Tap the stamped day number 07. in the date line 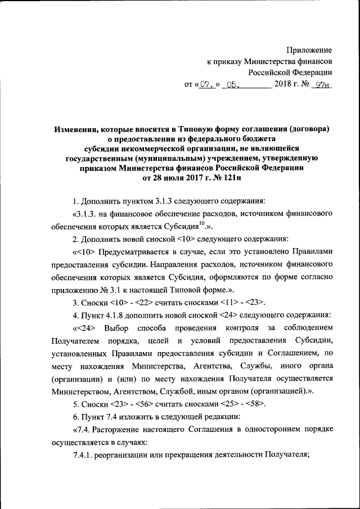pyautogui.click(x=206, y=85)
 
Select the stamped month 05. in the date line pyautogui.click(x=231, y=85)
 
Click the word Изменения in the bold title pyautogui.click(x=77, y=128)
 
